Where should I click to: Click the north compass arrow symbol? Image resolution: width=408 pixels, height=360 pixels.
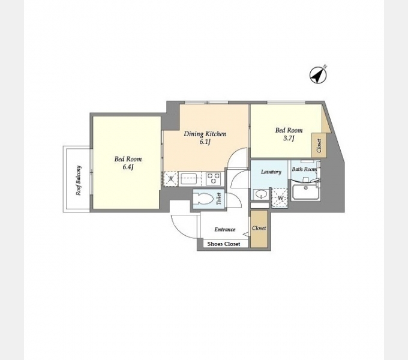pyautogui.click(x=318, y=75)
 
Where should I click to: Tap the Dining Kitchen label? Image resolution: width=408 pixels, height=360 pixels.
pyautogui.click(x=205, y=134)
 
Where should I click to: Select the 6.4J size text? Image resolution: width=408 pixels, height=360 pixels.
pyautogui.click(x=128, y=167)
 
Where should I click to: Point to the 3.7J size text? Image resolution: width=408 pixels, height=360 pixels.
pyautogui.click(x=289, y=138)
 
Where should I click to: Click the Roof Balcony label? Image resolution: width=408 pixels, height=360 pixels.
pyautogui.click(x=79, y=180)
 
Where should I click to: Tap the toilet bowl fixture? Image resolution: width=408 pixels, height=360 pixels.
pyautogui.click(x=203, y=199)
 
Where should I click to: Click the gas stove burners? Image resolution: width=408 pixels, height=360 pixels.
pyautogui.click(x=215, y=178)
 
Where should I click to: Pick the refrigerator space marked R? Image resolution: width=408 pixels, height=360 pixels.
pyautogui.click(x=170, y=179)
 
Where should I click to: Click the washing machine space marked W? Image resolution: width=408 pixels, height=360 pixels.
pyautogui.click(x=280, y=198)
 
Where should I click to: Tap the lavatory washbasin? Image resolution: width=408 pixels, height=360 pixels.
pyautogui.click(x=261, y=194)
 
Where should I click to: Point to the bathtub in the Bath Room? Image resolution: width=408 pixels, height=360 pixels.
pyautogui.click(x=306, y=191)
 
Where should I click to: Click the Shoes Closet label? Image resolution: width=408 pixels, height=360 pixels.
pyautogui.click(x=224, y=244)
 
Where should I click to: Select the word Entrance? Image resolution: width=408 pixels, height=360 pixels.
pyautogui.click(x=225, y=229)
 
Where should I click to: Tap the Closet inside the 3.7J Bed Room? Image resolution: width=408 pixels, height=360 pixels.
pyautogui.click(x=319, y=145)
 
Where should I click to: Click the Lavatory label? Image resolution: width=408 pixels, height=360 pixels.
pyautogui.click(x=271, y=172)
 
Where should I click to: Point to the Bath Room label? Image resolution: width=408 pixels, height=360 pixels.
pyautogui.click(x=304, y=169)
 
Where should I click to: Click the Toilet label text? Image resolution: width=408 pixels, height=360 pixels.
pyautogui.click(x=219, y=198)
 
